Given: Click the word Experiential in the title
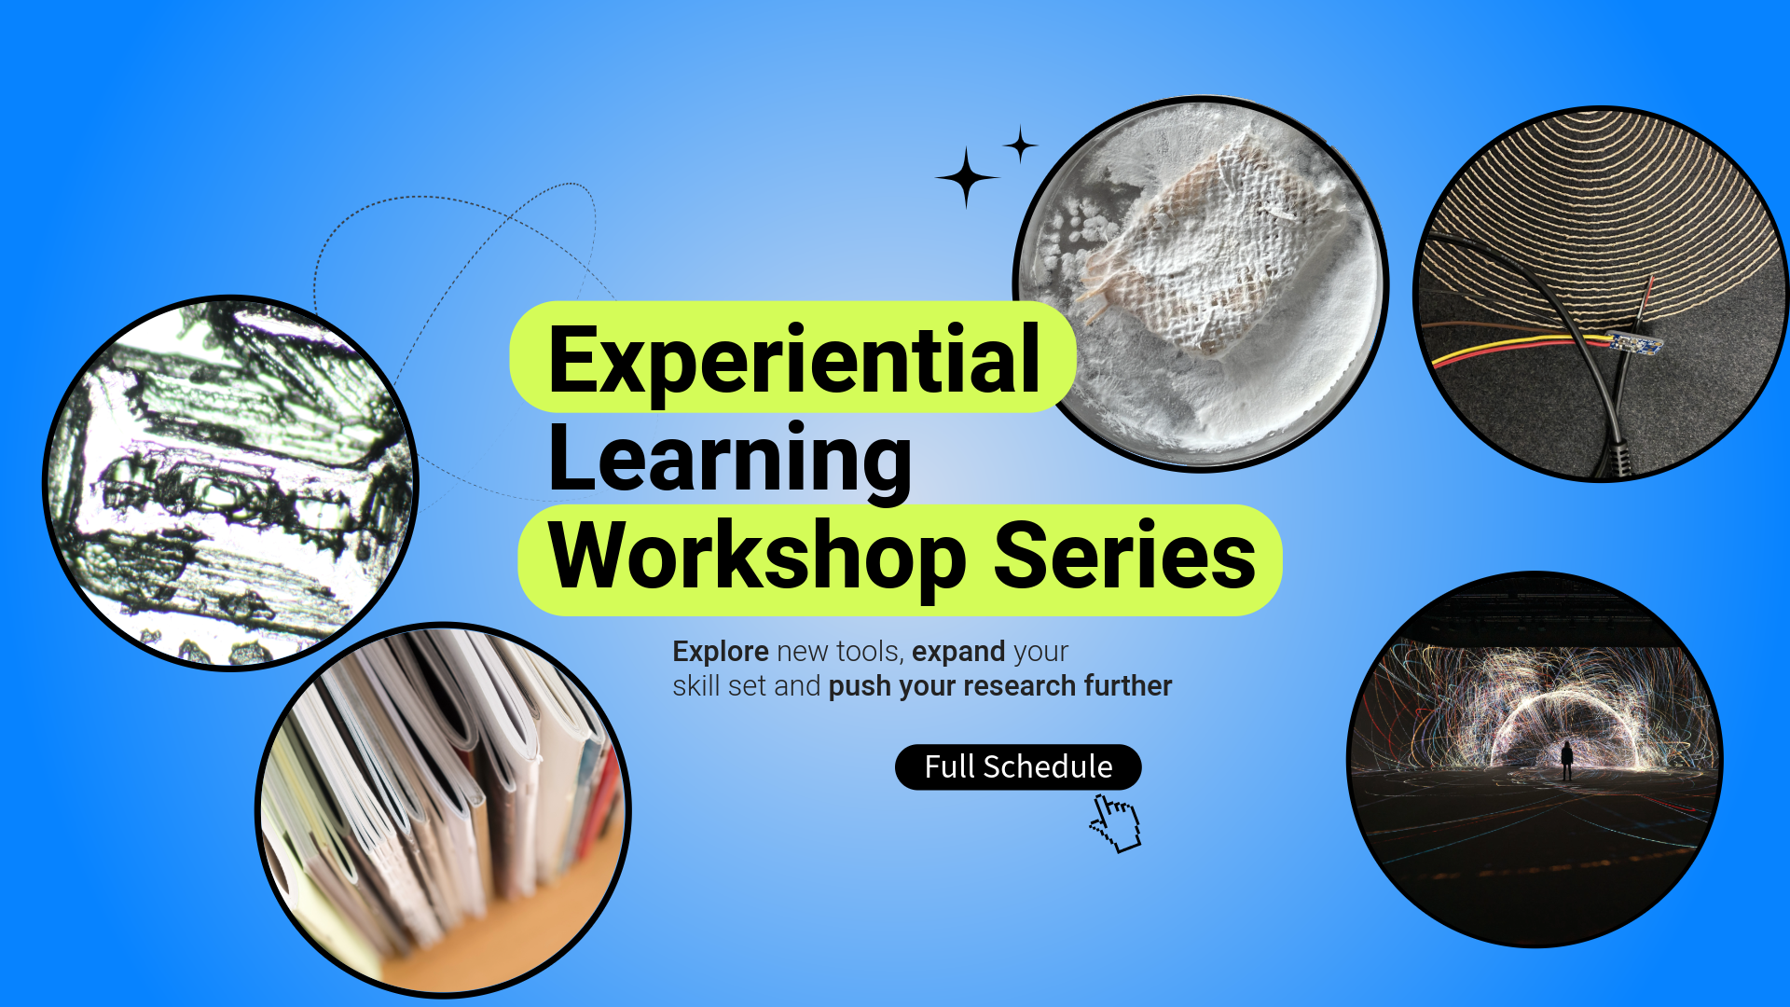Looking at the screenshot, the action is (x=794, y=360).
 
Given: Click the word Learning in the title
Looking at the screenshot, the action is (x=730, y=459).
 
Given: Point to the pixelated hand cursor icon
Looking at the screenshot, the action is (x=1115, y=822).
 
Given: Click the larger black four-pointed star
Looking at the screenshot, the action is (x=967, y=176).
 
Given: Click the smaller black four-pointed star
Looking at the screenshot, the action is (x=1021, y=145).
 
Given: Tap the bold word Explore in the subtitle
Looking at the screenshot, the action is (x=721, y=652).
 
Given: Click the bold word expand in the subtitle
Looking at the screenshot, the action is (x=958, y=653).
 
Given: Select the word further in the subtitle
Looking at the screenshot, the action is (x=1128, y=686).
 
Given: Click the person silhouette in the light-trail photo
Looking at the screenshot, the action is (x=1567, y=761).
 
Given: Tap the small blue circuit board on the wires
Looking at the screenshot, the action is (x=1635, y=343).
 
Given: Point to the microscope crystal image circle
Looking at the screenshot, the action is (x=231, y=483).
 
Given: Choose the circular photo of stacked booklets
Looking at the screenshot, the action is (x=444, y=810).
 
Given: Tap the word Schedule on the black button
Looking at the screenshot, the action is (x=1048, y=766).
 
